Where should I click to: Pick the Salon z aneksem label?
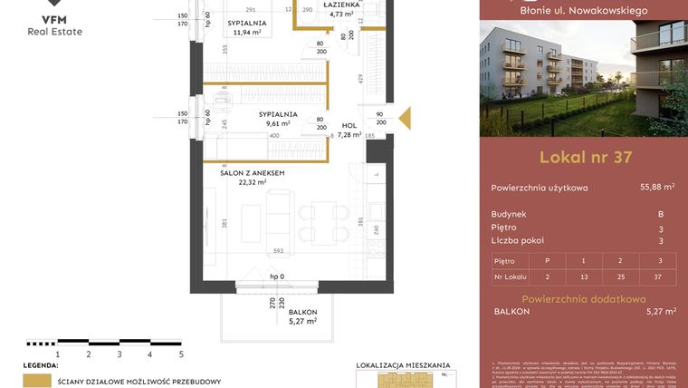(x=253, y=172)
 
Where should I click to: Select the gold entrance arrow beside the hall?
(x=405, y=118)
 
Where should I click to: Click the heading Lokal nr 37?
(x=585, y=157)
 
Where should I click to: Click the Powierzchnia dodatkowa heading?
(x=584, y=298)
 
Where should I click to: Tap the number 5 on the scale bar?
(x=181, y=355)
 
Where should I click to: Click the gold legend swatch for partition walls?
(x=37, y=382)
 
